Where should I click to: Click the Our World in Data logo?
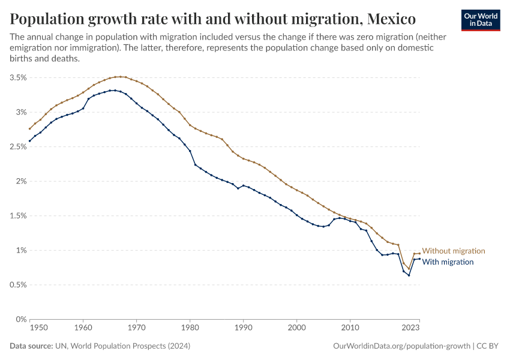pos(480,19)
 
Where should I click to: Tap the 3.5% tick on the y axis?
pos(17,77)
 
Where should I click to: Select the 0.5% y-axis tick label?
pos(17,284)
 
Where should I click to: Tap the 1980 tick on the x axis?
pos(190,328)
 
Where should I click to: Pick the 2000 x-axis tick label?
pos(296,328)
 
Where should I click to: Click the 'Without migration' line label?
pos(454,251)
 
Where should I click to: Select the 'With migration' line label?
pos(448,262)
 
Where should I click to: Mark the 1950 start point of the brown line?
pos(29,128)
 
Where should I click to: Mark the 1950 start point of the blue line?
pos(29,141)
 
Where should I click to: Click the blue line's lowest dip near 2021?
pos(409,275)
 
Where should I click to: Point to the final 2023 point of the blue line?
pos(419,259)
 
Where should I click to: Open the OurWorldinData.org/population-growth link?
pos(400,346)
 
